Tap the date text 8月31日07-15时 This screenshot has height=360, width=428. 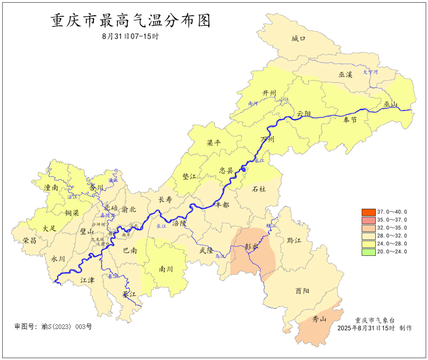pos(130,36)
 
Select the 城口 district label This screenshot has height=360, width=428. pos(299,38)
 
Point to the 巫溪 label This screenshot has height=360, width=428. pos(345,75)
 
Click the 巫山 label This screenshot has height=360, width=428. pos(390,105)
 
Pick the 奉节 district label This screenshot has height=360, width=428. pos(350,120)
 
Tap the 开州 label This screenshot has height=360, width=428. pos(269,93)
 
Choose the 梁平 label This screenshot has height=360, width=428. pos(214,143)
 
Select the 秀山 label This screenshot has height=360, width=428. pos(319,319)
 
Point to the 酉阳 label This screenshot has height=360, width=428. pos(302,291)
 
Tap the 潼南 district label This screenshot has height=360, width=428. pos(51,188)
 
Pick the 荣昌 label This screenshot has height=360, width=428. pos(30,240)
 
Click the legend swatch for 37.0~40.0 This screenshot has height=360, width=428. pos(368,212)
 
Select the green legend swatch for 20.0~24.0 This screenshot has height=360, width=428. pos(368,252)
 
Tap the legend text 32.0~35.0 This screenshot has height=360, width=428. pos(392,228)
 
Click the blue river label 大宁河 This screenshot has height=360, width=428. pos(371,72)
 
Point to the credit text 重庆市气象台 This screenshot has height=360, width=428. pos(374,320)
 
